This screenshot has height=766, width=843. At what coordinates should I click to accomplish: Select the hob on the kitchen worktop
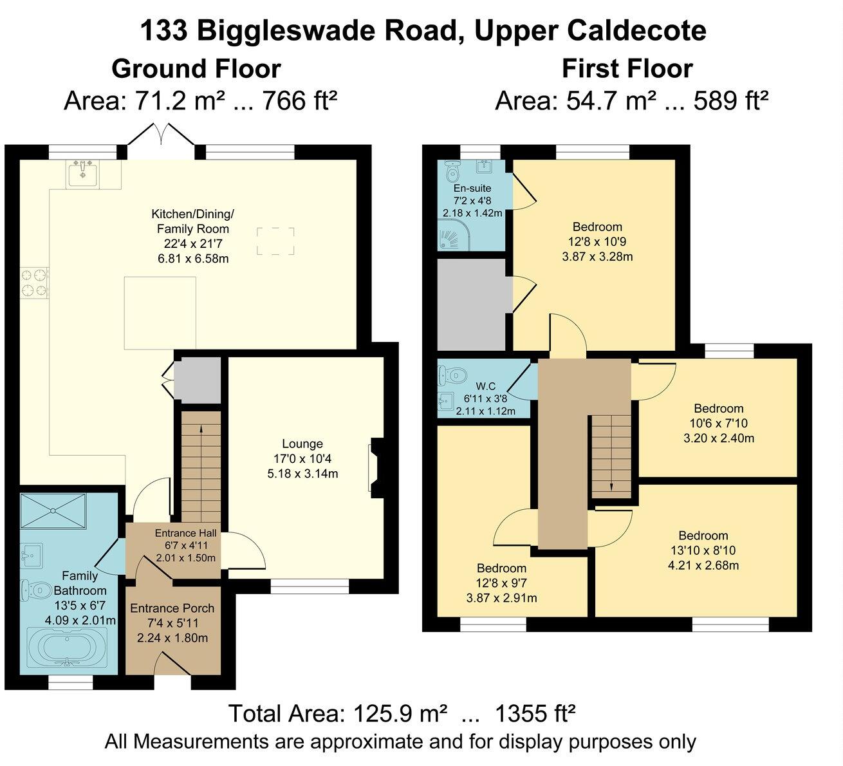(x=35, y=283)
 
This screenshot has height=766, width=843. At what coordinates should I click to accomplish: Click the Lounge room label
(x=302, y=444)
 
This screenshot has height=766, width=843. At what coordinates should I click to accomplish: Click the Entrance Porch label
(x=172, y=608)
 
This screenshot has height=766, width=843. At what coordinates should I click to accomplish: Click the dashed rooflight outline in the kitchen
(x=276, y=241)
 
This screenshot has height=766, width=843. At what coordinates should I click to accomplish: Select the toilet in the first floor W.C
(x=453, y=373)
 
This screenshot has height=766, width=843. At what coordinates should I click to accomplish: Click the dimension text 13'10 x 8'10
(x=703, y=551)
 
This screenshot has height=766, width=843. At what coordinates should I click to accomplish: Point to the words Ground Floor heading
(x=196, y=68)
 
